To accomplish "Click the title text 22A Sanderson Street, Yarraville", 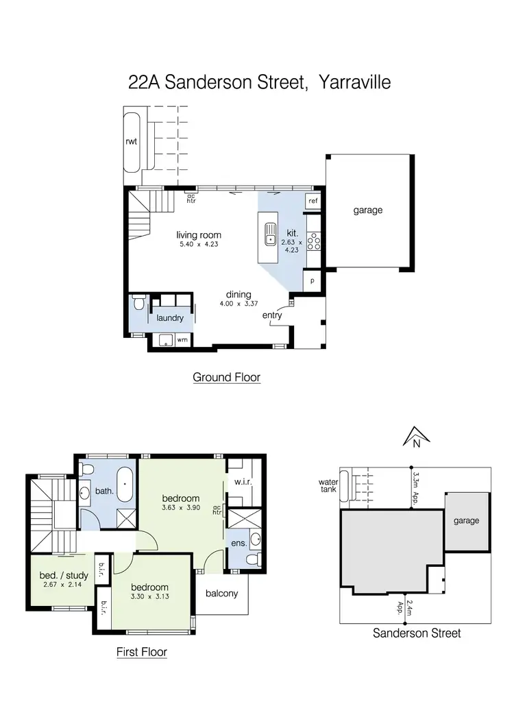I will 259,83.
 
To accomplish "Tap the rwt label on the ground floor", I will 131,142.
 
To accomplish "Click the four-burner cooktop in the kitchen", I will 315,241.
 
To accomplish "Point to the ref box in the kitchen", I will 313,201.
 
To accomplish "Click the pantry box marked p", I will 313,281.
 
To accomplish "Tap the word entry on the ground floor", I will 272,315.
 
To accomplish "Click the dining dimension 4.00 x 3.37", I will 234,304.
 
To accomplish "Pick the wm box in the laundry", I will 182,339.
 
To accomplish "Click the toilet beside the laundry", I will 138,302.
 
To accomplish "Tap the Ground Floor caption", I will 226,377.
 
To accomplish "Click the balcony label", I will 221,593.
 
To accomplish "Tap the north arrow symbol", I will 415,435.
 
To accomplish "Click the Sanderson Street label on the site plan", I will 416,633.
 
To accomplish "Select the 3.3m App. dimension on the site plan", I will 415,481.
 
